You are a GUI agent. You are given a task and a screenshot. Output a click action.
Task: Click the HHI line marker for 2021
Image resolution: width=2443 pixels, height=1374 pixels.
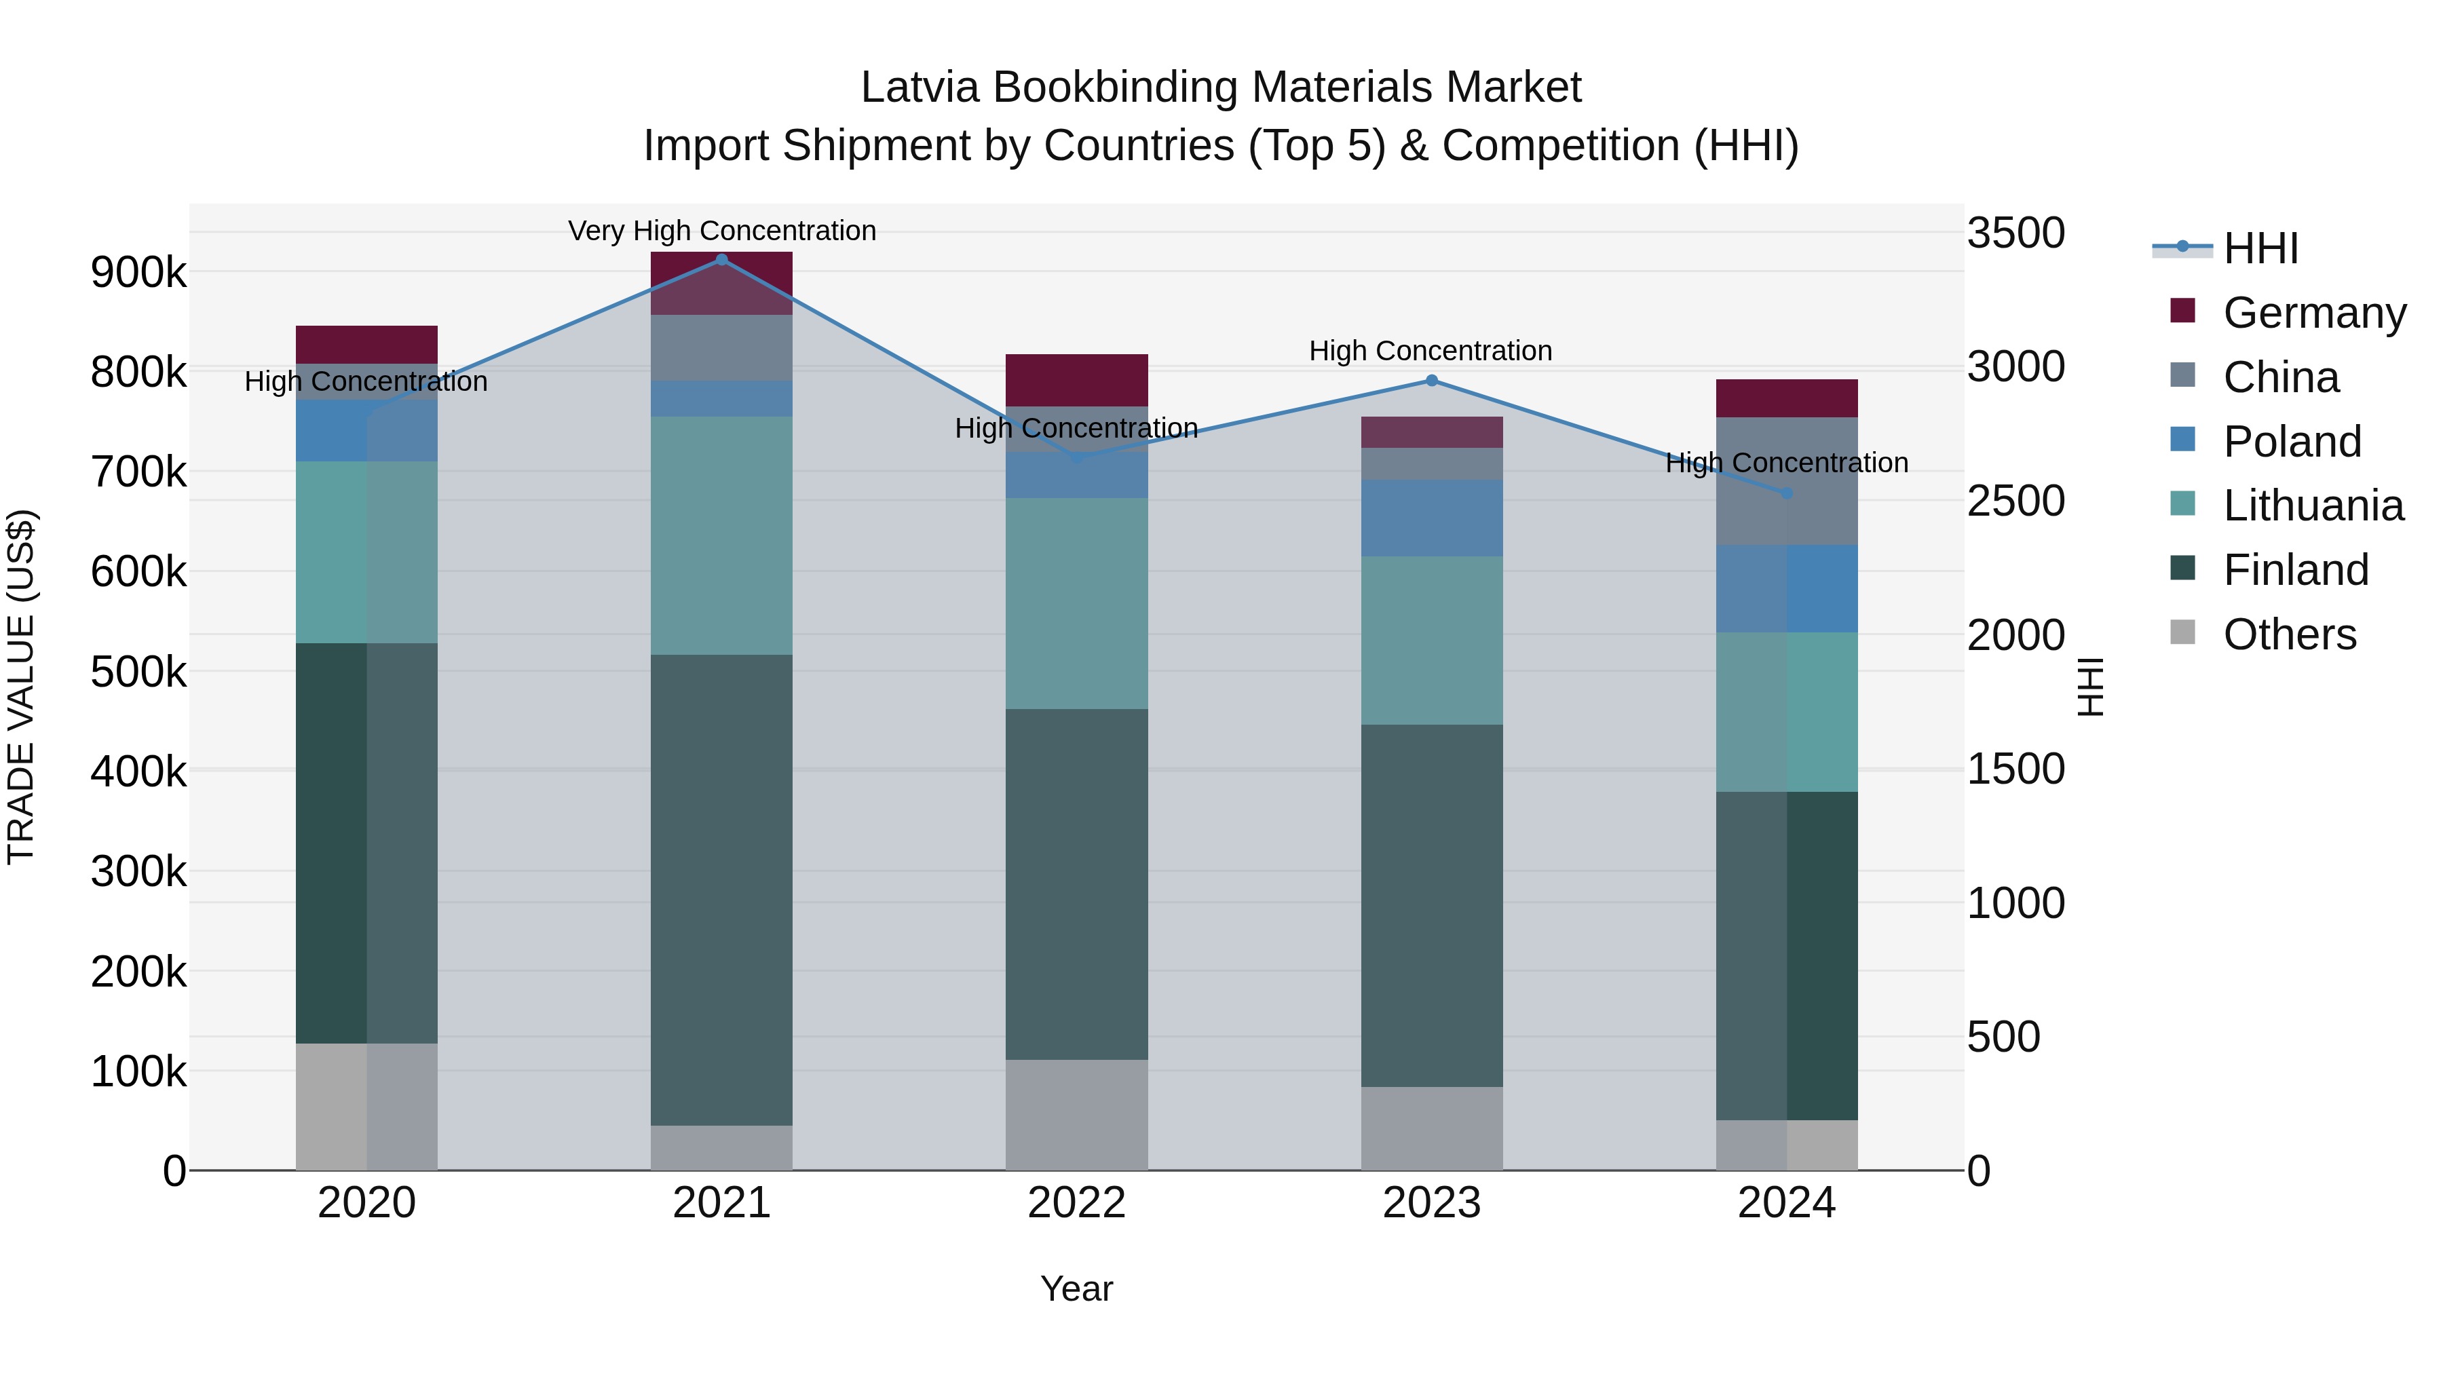tap(722, 260)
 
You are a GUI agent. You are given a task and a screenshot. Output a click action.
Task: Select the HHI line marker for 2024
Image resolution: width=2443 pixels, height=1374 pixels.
tap(1787, 493)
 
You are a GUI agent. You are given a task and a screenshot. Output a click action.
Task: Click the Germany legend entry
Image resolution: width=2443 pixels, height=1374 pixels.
tap(2314, 313)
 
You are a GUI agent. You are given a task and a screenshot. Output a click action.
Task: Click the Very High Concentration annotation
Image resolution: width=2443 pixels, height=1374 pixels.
tap(722, 231)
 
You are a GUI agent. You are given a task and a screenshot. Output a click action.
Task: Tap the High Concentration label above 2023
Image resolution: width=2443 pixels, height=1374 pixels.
tap(1430, 351)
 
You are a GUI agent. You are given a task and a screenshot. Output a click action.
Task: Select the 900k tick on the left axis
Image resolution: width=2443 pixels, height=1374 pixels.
tap(138, 273)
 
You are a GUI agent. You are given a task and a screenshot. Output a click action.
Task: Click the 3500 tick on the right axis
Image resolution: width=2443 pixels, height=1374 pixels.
tap(2015, 233)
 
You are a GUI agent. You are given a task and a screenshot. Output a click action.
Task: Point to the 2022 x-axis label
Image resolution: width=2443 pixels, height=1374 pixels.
tap(1076, 1203)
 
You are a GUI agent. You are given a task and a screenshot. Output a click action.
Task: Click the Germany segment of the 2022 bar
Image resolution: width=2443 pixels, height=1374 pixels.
tap(1076, 380)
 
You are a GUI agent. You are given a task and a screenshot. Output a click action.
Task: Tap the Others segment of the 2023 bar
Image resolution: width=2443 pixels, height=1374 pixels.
tap(1432, 1128)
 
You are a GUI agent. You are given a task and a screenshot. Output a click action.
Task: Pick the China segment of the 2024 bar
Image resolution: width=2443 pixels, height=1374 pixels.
tap(1787, 481)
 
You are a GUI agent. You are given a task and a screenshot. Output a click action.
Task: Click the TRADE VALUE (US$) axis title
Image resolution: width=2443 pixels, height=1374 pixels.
tap(22, 687)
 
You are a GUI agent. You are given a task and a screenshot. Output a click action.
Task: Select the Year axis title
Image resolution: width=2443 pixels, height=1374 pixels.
tap(1076, 1289)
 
